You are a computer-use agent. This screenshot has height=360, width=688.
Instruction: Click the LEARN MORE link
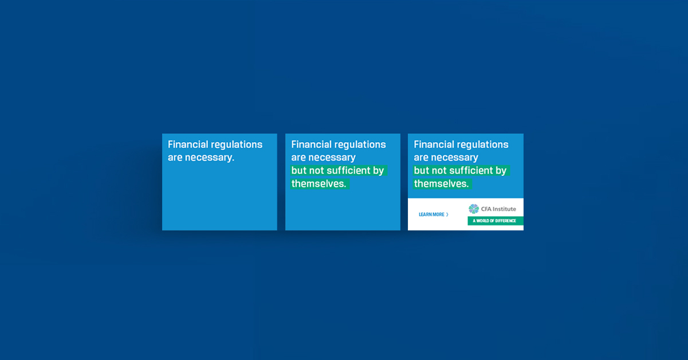[431, 214]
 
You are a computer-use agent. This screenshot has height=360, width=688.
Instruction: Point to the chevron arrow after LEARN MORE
[447, 214]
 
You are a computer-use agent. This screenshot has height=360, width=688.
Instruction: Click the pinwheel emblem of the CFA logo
[474, 209]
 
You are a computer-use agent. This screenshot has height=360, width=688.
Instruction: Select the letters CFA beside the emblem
[486, 209]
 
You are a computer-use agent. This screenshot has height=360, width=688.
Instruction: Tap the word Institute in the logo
[505, 209]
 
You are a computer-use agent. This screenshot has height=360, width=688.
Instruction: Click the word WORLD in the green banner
[483, 221]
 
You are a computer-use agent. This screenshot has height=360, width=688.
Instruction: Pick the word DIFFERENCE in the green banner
[506, 221]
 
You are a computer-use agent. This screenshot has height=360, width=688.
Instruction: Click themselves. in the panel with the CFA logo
[441, 184]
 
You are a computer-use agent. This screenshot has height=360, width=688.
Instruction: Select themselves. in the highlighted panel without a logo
[319, 184]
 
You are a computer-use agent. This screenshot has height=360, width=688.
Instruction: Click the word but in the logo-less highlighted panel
[298, 170]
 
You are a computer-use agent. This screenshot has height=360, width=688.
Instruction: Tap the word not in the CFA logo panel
[439, 171]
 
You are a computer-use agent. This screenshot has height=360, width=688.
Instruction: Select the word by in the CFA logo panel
[501, 171]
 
